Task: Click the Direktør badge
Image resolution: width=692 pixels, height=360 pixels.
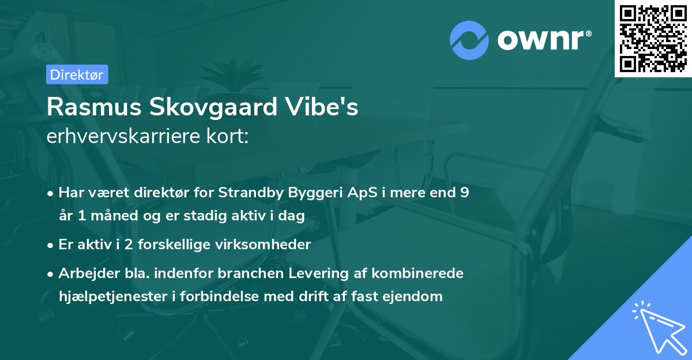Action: coord(77,74)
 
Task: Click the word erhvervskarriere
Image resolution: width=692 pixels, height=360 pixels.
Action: coord(116,136)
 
